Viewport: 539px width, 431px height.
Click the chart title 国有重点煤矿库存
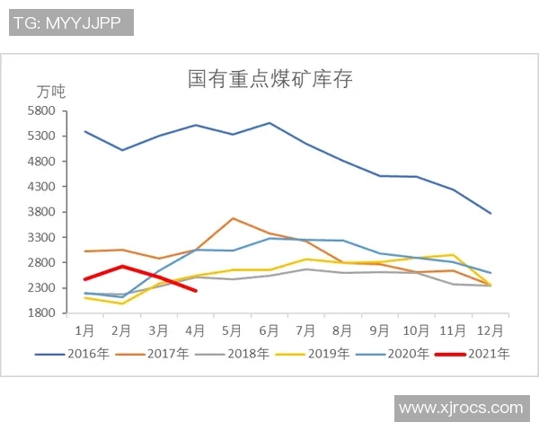(x=270, y=79)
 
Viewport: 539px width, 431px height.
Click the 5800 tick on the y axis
(x=42, y=111)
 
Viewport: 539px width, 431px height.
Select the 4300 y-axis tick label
(x=42, y=187)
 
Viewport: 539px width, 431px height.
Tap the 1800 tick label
(x=42, y=313)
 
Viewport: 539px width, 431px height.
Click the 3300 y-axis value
(x=42, y=238)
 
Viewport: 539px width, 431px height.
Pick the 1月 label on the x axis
(x=85, y=329)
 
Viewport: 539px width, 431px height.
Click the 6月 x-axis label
(x=269, y=329)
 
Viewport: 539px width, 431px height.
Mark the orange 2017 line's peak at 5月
(x=233, y=218)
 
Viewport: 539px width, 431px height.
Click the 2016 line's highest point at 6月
(x=269, y=123)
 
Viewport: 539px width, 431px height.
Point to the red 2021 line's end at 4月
(x=196, y=290)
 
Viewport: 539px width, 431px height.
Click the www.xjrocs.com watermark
(x=460, y=408)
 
